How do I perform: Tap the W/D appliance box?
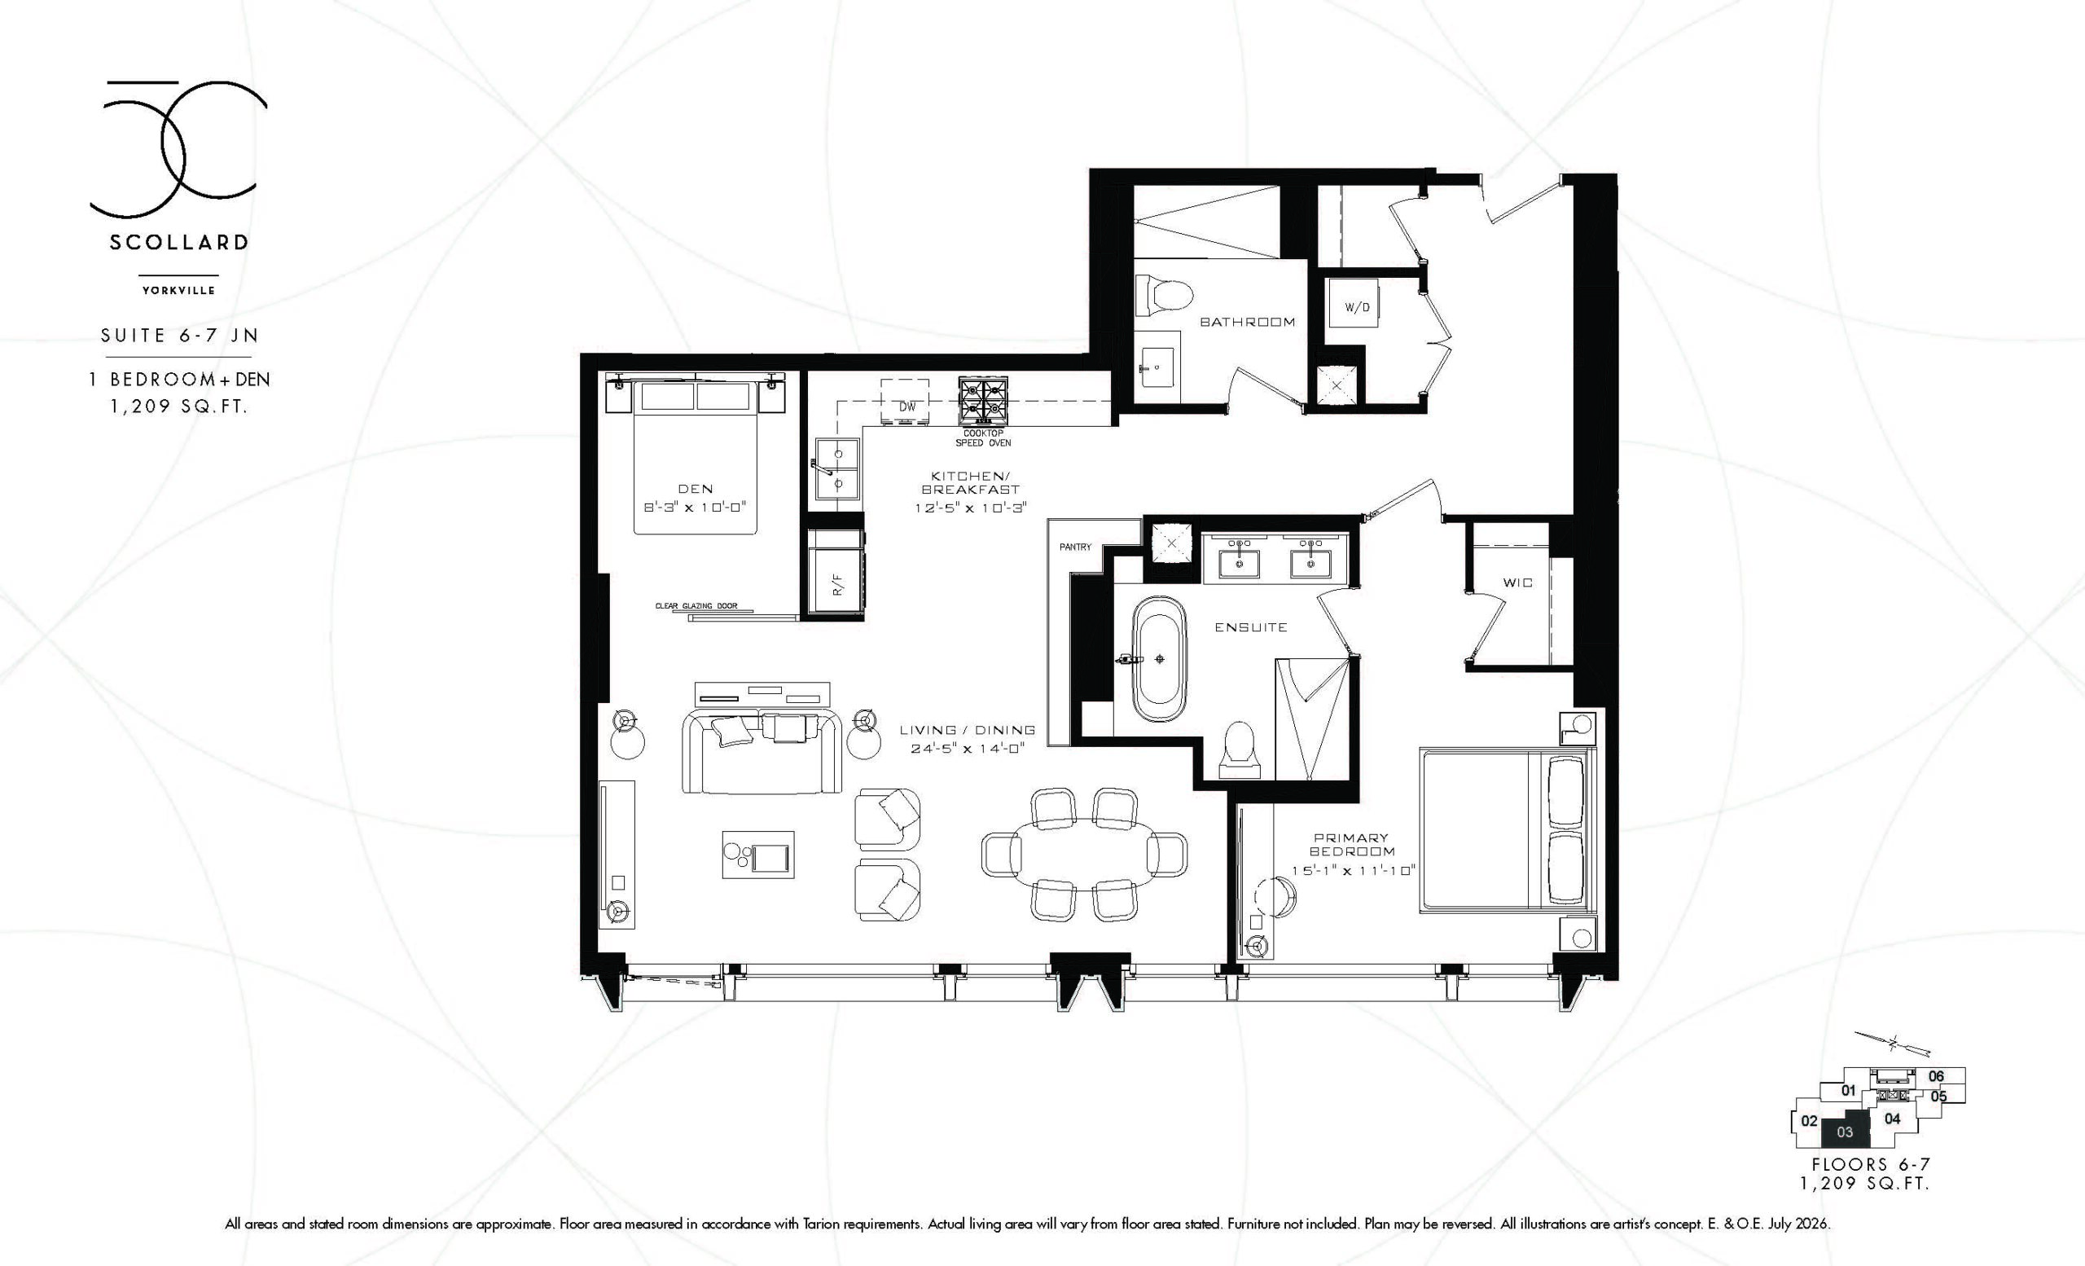1356,307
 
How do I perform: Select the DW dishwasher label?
907,407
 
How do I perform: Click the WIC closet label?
1517,582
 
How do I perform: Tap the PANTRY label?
1074,547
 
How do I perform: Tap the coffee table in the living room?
758,855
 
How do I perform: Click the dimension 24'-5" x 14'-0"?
968,748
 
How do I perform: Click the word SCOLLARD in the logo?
178,243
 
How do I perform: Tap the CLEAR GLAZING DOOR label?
696,606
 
